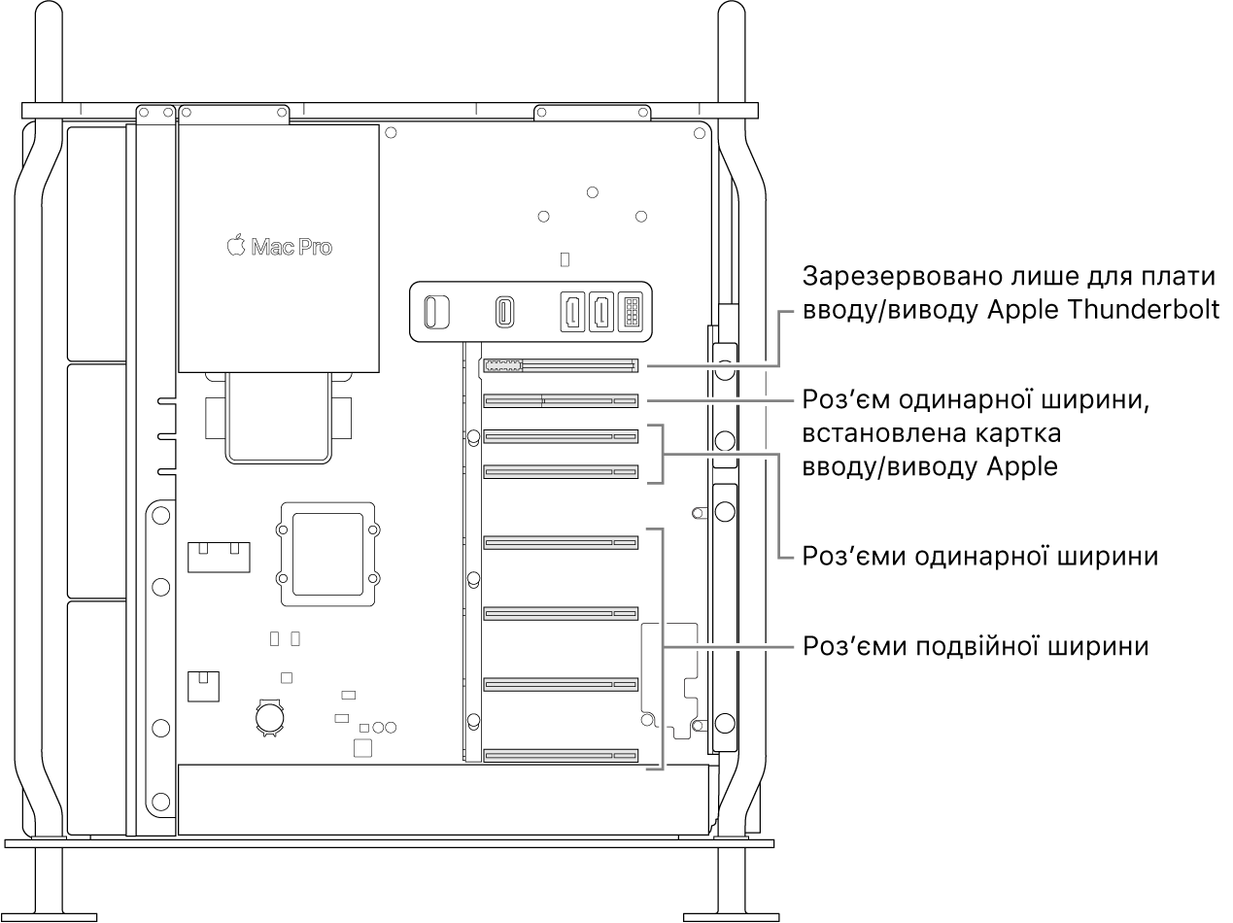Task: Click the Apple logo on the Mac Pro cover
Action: [x=235, y=246]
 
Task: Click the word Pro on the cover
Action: [x=314, y=248]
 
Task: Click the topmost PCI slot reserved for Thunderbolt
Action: [x=560, y=366]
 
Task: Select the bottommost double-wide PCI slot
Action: [x=560, y=755]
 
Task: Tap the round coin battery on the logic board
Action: [x=268, y=717]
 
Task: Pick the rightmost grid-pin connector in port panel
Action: [x=630, y=312]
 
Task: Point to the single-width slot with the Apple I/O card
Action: [x=560, y=400]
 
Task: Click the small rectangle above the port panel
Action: [x=566, y=259]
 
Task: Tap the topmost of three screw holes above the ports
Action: [x=593, y=191]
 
